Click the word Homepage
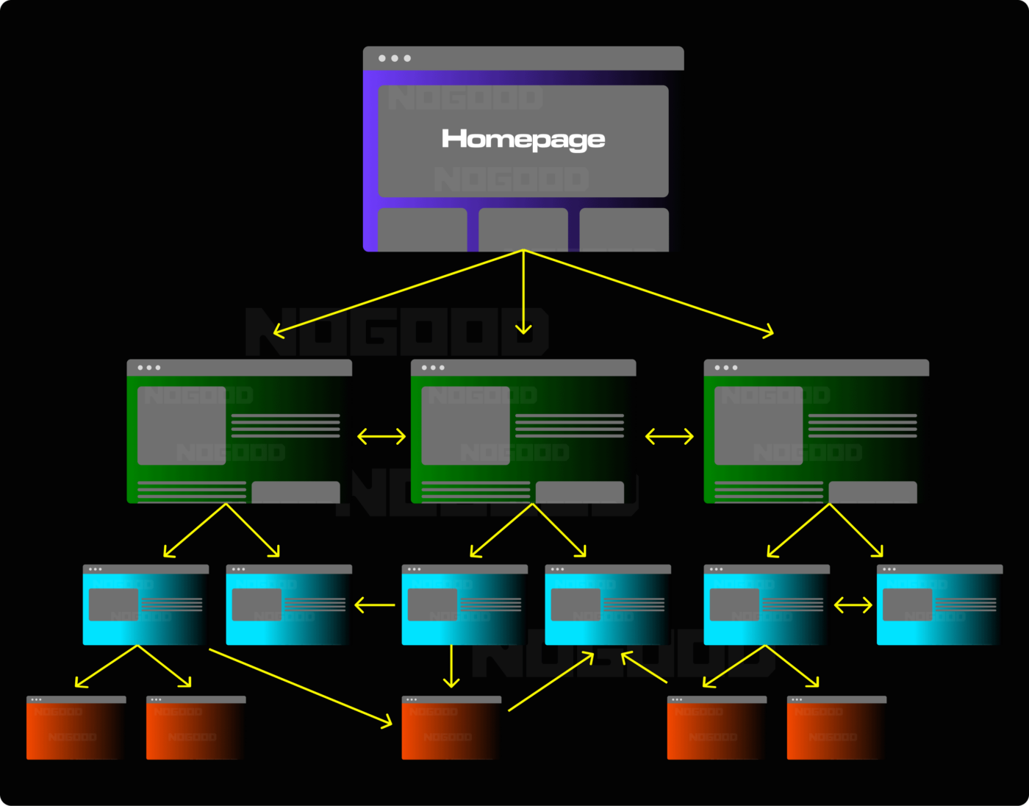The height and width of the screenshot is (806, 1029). click(523, 139)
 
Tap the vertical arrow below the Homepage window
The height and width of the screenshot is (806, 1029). click(523, 294)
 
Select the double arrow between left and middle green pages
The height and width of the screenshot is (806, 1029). click(381, 437)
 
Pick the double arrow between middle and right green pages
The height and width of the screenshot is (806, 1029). click(669, 437)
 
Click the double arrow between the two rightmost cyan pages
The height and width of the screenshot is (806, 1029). click(853, 606)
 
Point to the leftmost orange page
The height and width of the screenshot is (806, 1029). click(76, 728)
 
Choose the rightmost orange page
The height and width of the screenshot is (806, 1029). click(836, 728)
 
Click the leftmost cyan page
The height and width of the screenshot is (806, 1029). click(146, 606)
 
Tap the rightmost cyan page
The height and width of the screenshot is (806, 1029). click(939, 606)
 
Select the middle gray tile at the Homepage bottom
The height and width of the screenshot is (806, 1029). click(523, 229)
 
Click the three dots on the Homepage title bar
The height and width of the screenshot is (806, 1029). click(395, 58)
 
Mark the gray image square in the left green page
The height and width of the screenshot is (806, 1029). click(182, 426)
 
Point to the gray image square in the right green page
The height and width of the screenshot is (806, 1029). click(759, 426)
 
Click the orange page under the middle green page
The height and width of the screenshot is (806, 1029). click(451, 728)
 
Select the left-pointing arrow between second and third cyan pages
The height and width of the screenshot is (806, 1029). click(375, 606)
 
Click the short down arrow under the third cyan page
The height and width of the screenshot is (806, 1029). click(451, 666)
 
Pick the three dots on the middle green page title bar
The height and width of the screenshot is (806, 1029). click(433, 368)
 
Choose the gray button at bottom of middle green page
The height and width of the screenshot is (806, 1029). click(580, 492)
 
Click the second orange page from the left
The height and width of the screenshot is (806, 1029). click(196, 728)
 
